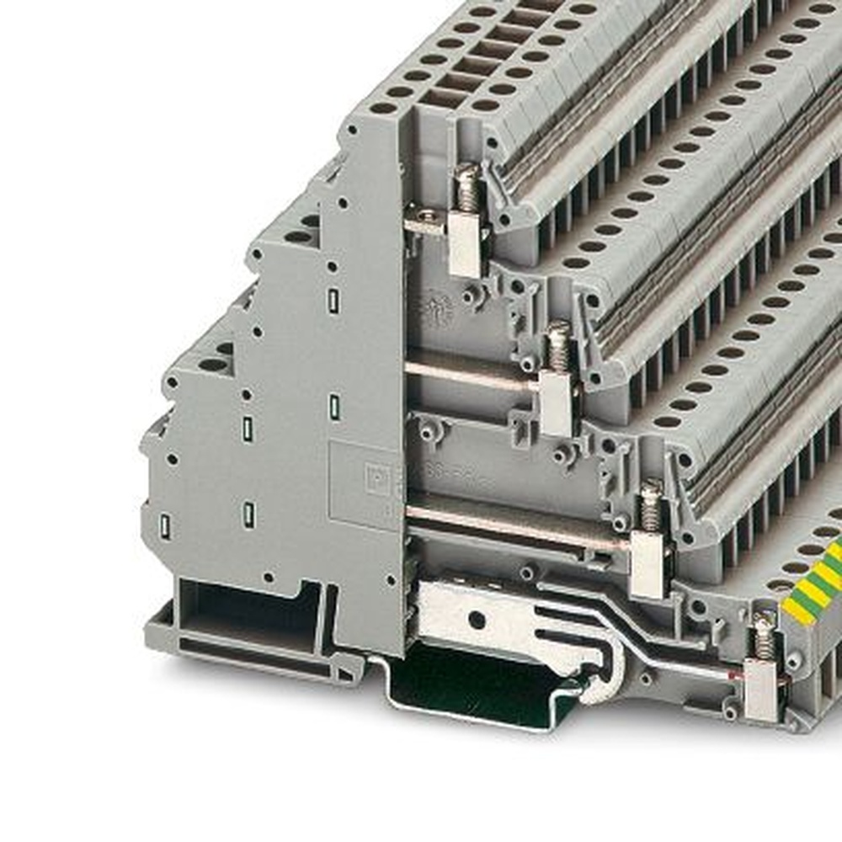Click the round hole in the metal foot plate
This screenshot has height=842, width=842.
[477, 620]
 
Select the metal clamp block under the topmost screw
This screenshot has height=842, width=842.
[465, 244]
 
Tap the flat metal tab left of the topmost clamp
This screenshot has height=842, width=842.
[425, 221]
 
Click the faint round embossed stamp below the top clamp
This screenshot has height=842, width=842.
[435, 310]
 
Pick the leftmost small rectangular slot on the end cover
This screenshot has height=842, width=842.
[165, 526]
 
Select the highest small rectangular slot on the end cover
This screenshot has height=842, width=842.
[333, 299]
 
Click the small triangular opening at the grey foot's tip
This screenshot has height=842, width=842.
[345, 674]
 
